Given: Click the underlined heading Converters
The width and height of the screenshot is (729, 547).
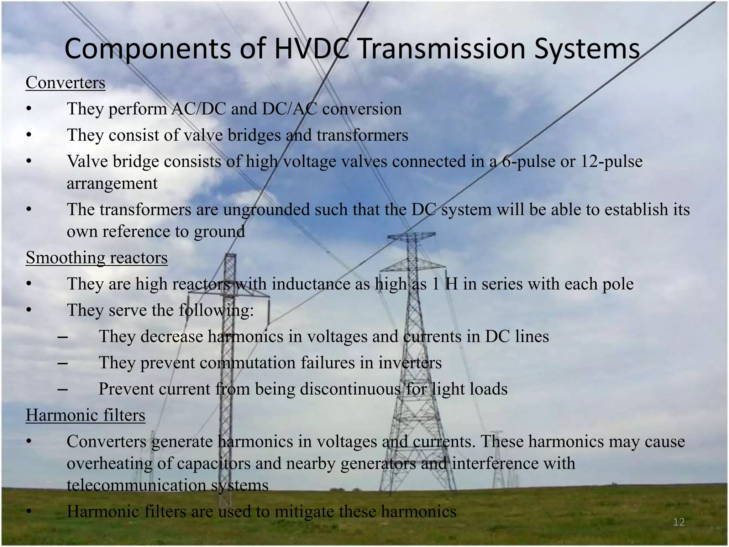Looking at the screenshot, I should coord(65,83).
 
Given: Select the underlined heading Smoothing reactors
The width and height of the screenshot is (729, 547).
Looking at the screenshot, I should coord(96,257).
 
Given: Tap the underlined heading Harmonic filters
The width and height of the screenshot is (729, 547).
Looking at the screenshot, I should coord(85,415).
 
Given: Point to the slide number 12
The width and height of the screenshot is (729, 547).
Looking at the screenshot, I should coord(679,522).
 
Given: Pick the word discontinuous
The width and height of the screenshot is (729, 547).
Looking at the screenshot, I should coord(350,389).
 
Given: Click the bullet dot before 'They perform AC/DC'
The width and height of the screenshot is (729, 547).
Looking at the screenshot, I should coord(29,109).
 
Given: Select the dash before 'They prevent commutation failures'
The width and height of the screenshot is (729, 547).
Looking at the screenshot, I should coord(63,363).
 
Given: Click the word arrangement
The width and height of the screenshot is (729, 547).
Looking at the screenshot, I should coord(112,183).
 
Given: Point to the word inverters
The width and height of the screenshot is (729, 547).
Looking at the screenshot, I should coord(410,363).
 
